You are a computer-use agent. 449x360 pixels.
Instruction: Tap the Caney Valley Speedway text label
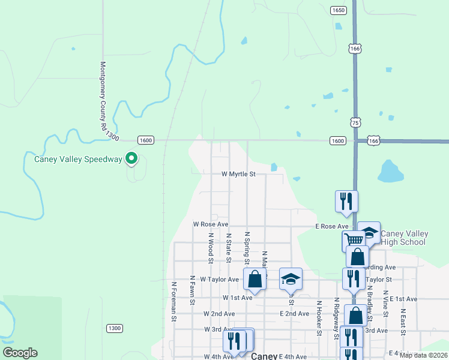pyautogui.click(x=78, y=159)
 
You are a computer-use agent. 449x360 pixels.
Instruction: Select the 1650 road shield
pyautogui.click(x=338, y=10)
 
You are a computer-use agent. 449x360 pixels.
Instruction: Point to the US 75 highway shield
pyautogui.click(x=356, y=122)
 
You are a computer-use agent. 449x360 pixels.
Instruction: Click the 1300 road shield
pyautogui.click(x=114, y=328)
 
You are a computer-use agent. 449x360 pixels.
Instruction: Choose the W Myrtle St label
pyautogui.click(x=238, y=175)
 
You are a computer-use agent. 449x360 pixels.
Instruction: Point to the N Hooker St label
pyautogui.click(x=319, y=320)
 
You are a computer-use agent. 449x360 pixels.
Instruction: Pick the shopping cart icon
pyautogui.click(x=354, y=239)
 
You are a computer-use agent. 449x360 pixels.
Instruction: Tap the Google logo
pyautogui.click(x=20, y=353)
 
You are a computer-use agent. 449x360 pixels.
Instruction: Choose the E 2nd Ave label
pyautogui.click(x=294, y=314)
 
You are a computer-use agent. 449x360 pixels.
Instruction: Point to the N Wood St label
pyautogui.click(x=211, y=248)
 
